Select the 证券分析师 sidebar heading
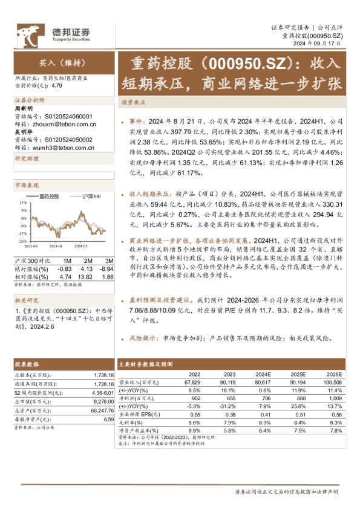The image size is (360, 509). tap(29, 100)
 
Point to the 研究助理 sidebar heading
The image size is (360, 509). tap(26, 158)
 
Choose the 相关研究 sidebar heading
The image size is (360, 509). tap(26, 300)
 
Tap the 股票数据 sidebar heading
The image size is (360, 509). tap(26, 365)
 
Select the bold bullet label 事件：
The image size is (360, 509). tap(137, 121)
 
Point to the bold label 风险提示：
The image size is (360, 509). tap(145, 339)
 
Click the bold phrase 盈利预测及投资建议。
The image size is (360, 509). tap(162, 299)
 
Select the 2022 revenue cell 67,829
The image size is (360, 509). tap(191, 383)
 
